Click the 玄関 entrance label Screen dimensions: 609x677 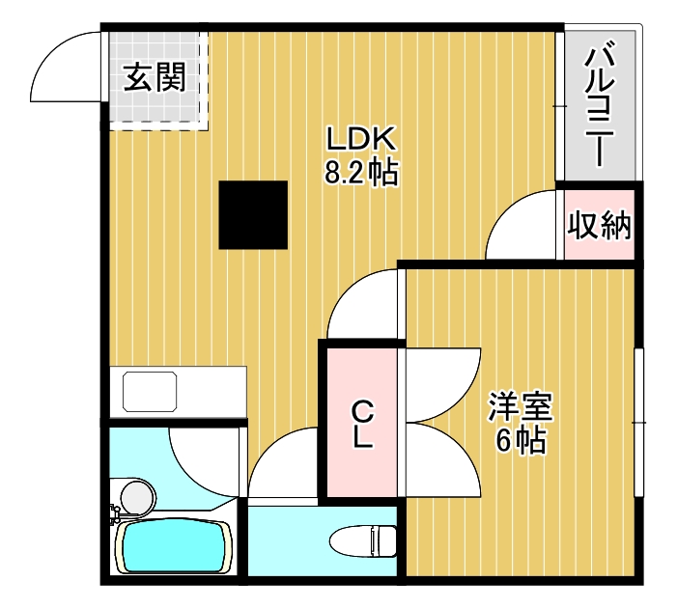tap(154, 77)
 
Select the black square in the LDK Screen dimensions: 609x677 tap(253, 214)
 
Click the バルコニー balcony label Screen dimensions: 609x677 tap(600, 101)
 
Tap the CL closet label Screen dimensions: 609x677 tap(362, 425)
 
